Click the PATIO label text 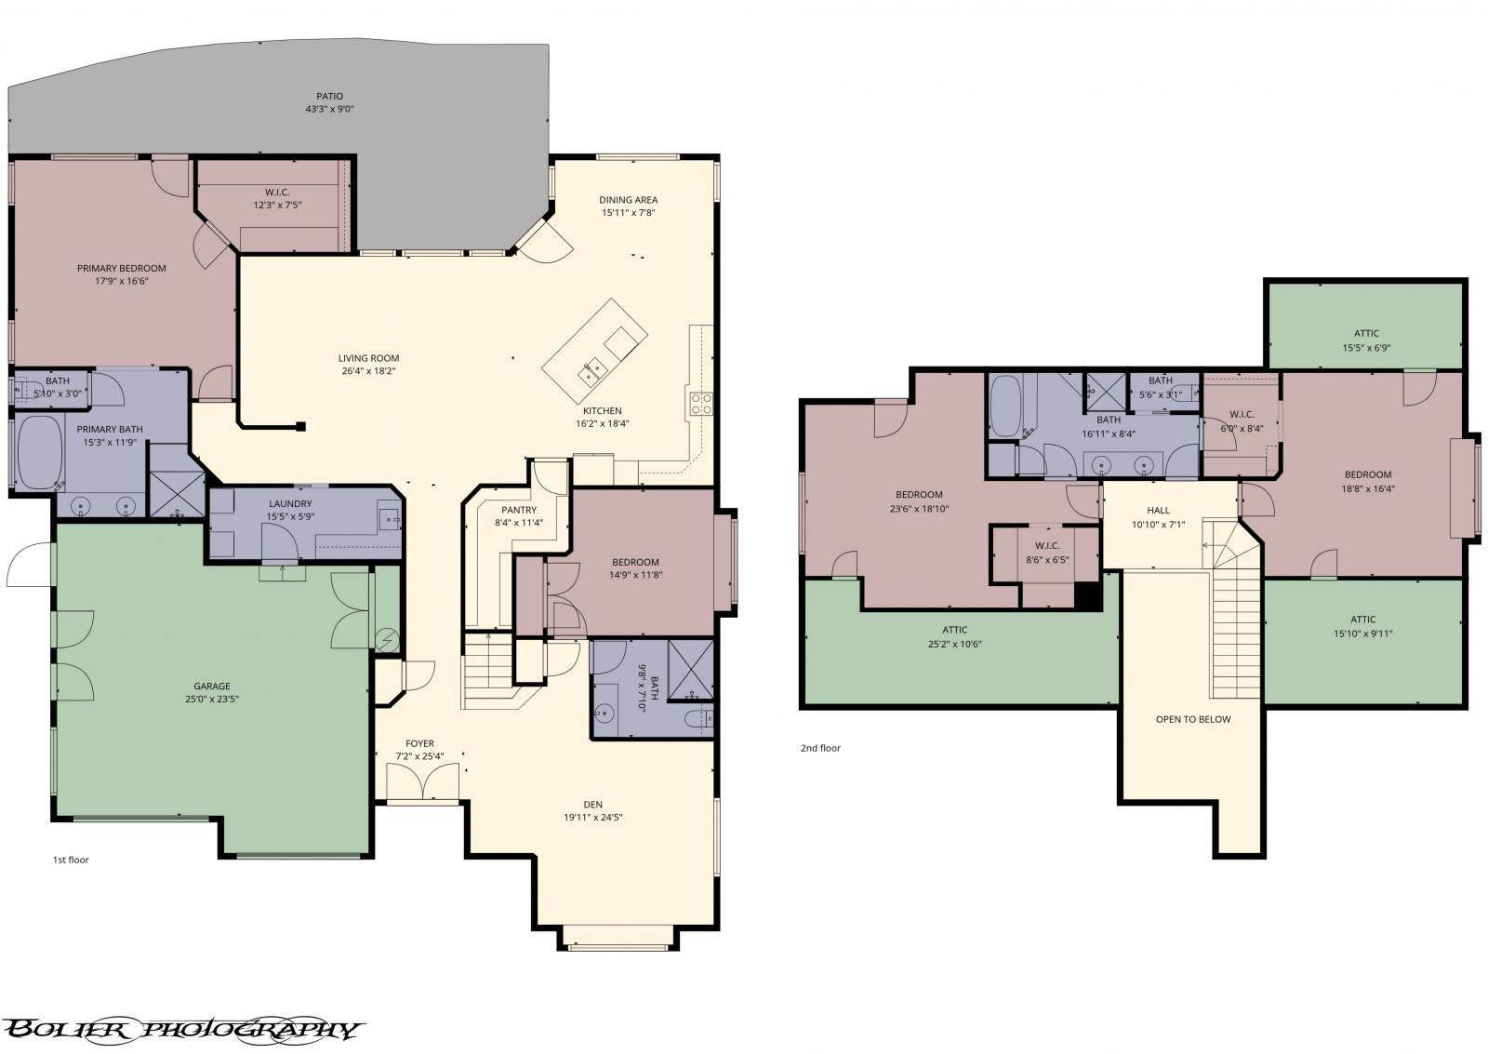coord(329,96)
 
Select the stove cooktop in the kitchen coord(699,403)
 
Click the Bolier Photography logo coord(181,1029)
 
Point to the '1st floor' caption coord(71,860)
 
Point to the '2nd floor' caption coord(820,747)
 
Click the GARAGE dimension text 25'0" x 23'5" coord(211,700)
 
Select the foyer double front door coord(423,783)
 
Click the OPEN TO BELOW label coord(1192,719)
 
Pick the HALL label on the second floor coord(1158,510)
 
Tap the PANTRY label coord(519,510)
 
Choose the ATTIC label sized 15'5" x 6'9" coord(1366,333)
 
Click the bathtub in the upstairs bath coord(1005,406)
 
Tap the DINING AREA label coord(629,199)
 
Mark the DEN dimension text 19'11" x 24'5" coord(593,818)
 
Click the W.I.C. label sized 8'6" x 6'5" coord(1046,546)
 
